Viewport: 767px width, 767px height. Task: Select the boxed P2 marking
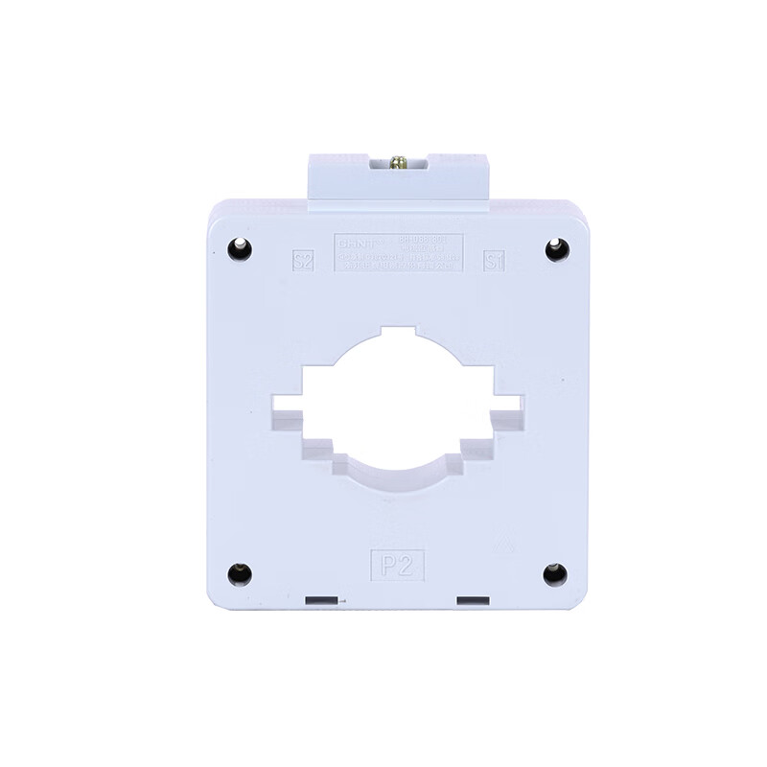pos(397,562)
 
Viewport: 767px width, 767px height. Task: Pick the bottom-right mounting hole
pos(553,574)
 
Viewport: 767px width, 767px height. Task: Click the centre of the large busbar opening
pos(397,407)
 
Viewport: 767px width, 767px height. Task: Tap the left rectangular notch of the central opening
pos(287,412)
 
